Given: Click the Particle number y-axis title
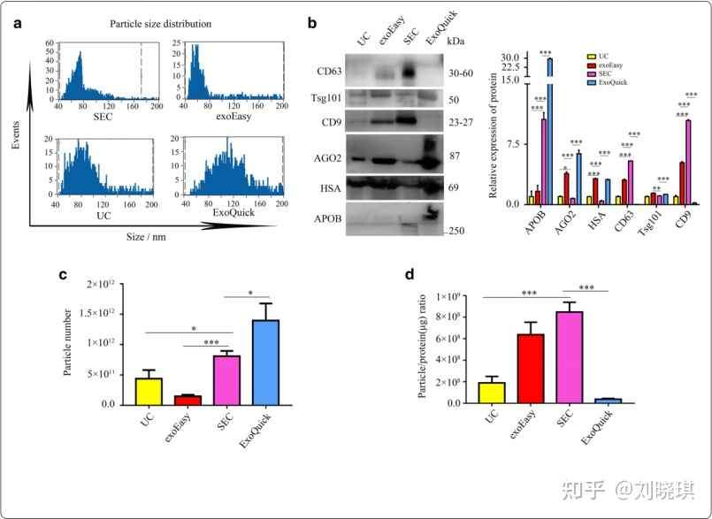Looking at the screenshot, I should (69, 344).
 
